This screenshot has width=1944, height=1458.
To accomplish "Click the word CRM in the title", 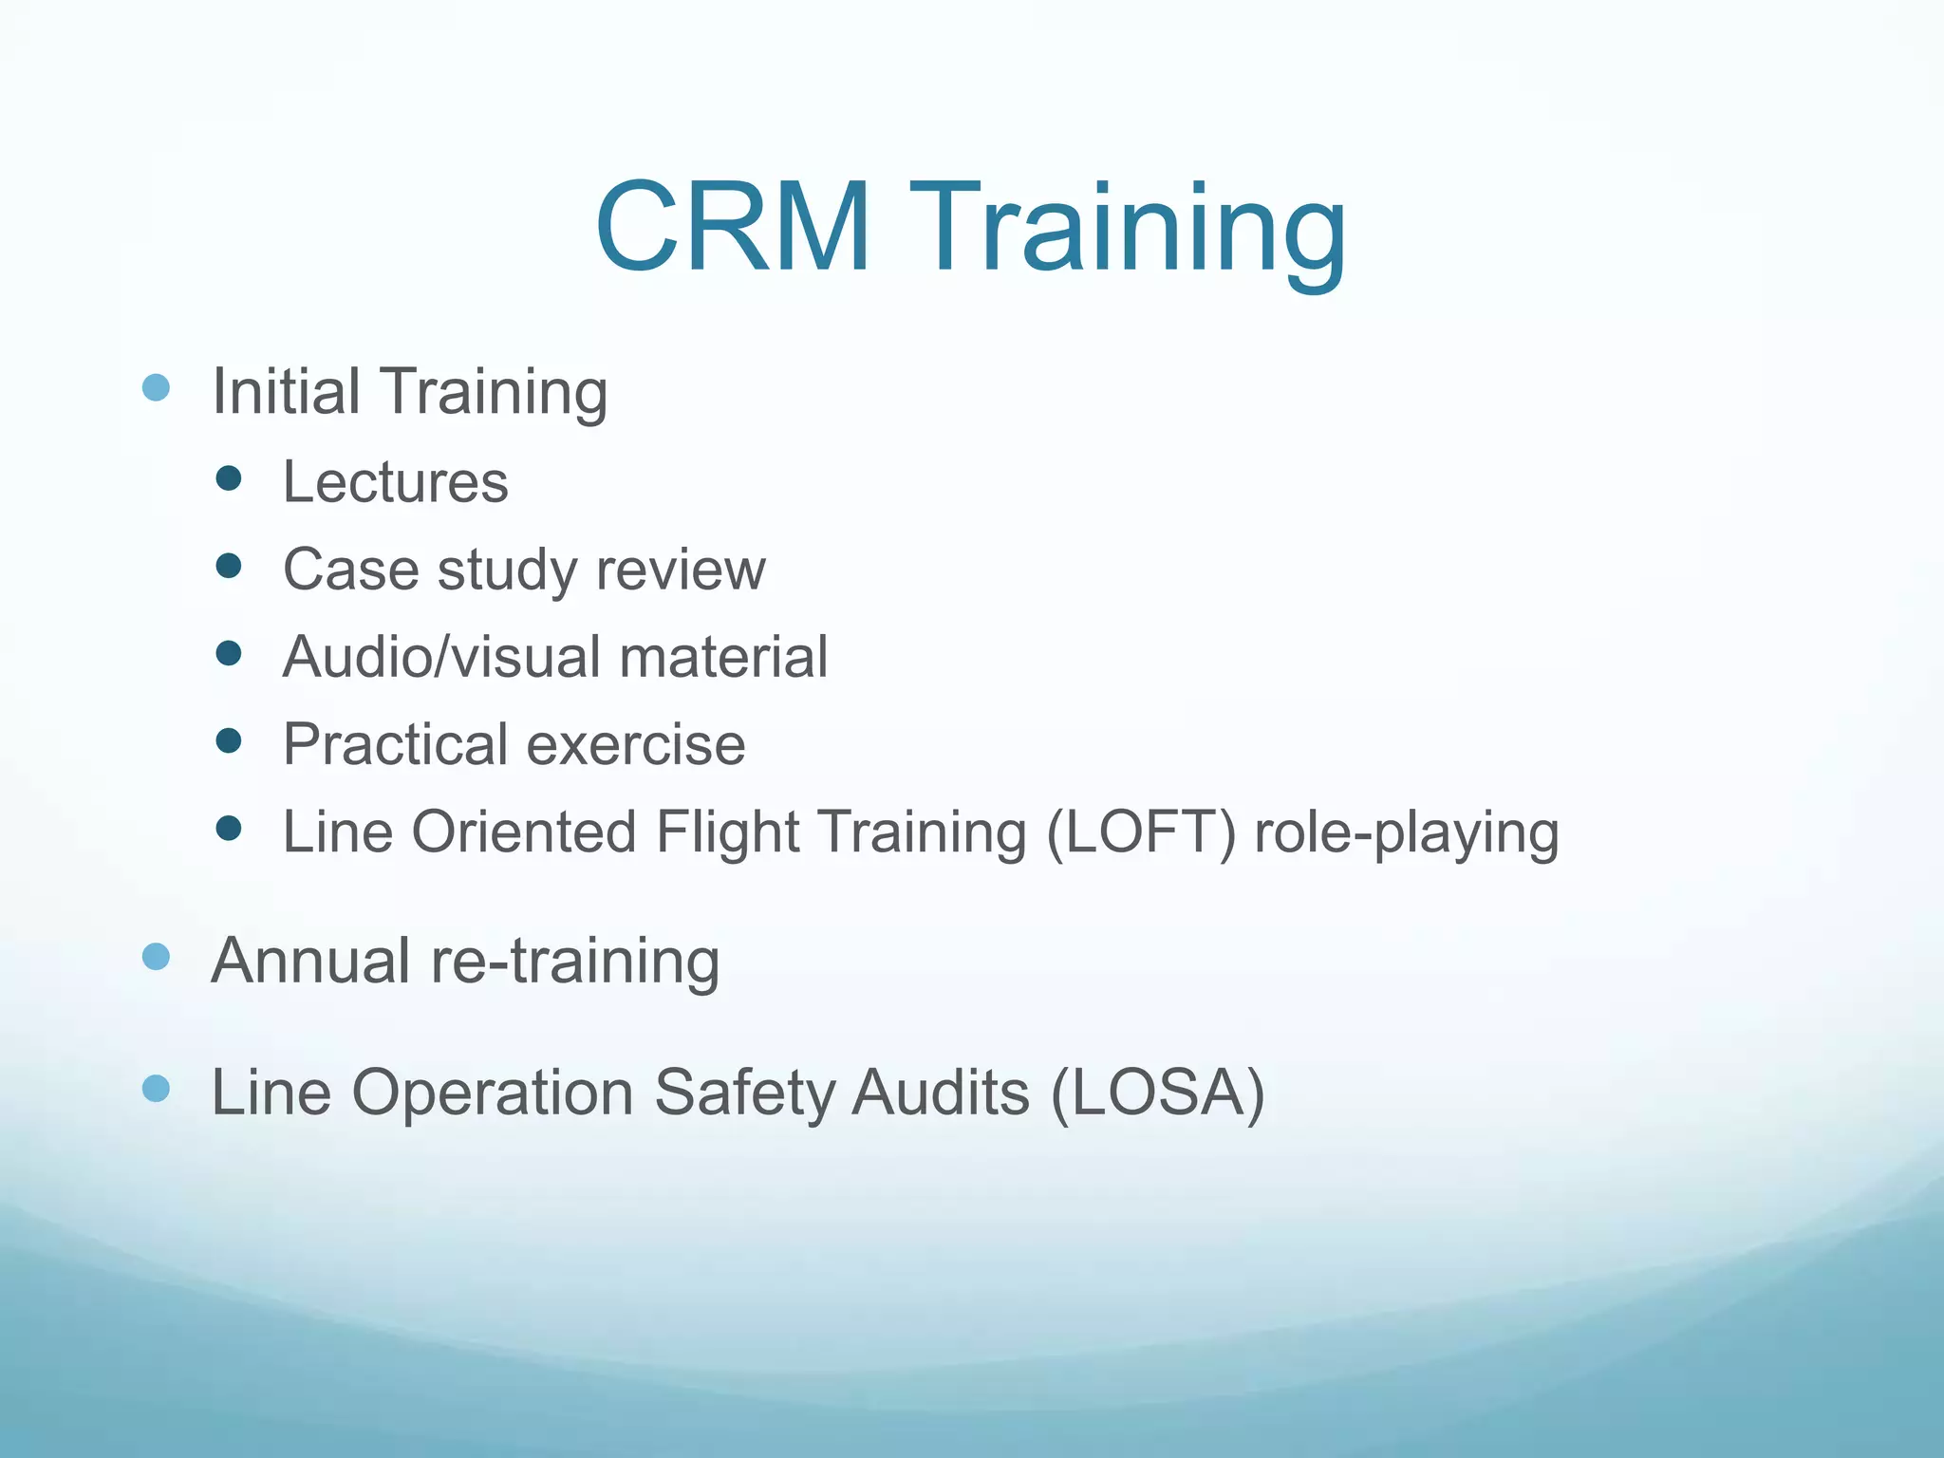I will (733, 229).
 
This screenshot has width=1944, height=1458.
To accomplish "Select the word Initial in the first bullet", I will (286, 391).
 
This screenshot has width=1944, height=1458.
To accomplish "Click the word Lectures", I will (395, 482).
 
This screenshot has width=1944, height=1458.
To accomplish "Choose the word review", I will (681, 570).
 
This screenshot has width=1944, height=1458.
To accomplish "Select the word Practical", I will (395, 744).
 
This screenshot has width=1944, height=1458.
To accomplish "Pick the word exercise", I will (636, 744).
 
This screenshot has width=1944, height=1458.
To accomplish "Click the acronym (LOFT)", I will (1141, 832).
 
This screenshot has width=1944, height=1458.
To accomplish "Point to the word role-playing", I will (1406, 834).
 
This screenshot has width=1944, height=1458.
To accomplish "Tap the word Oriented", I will (524, 832).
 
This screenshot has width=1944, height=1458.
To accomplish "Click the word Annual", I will (310, 961).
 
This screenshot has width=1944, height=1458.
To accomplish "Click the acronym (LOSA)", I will (1158, 1093).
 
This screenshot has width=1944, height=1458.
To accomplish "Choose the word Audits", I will (940, 1093).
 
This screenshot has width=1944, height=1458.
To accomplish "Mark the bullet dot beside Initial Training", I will (156, 387).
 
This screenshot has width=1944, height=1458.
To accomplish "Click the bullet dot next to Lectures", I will (229, 477).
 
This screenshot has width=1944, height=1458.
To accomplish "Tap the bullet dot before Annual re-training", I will (156, 957).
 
